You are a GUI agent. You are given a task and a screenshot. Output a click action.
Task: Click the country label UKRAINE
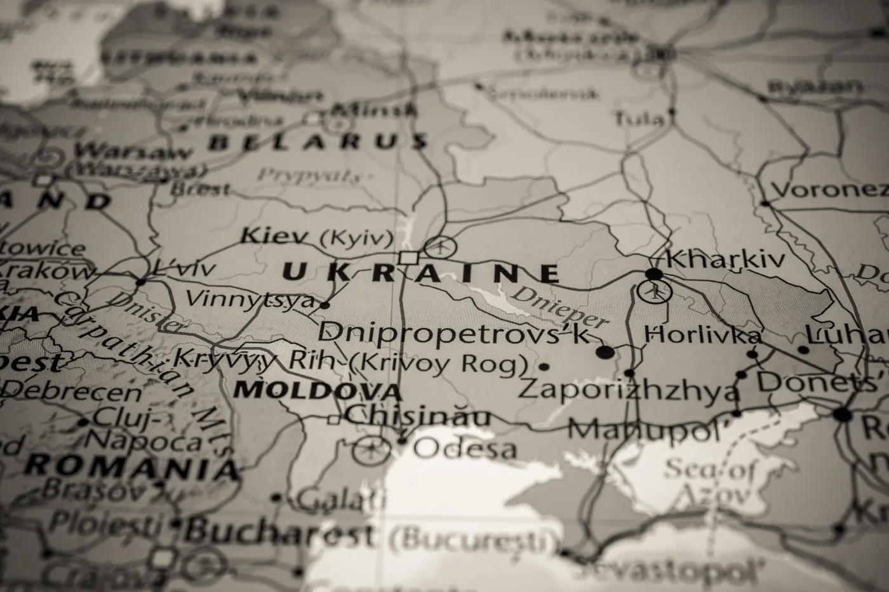tap(420, 273)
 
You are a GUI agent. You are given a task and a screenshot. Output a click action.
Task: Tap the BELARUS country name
tap(317, 141)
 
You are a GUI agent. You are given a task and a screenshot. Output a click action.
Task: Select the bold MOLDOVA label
tap(317, 390)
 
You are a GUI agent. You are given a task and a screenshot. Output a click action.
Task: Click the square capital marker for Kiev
tap(408, 258)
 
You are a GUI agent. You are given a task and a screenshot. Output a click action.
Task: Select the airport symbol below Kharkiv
tap(654, 293)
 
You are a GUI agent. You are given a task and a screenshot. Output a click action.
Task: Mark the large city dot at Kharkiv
tap(653, 274)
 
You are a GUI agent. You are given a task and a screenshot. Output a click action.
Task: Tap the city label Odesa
tap(465, 449)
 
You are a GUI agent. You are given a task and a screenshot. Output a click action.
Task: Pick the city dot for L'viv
tap(140, 282)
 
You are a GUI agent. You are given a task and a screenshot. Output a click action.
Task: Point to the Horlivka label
tap(702, 334)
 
